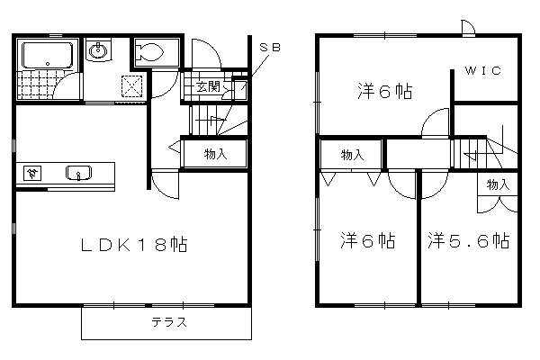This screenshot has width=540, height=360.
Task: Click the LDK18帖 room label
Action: click(x=134, y=245)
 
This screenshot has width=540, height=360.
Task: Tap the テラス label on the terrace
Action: click(x=169, y=322)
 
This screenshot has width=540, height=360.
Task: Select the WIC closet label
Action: click(x=482, y=70)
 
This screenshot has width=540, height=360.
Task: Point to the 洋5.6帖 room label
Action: click(x=469, y=240)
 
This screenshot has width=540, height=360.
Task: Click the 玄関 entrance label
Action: click(x=208, y=86)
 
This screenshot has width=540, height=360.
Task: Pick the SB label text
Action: click(x=270, y=47)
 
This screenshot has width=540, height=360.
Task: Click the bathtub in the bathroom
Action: click(x=48, y=55)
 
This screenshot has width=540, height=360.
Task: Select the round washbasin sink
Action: click(x=98, y=51)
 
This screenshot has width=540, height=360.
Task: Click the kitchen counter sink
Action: click(x=79, y=173)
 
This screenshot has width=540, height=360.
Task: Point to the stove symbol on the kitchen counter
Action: click(x=32, y=174)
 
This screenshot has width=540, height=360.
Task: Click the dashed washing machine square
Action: click(x=131, y=86)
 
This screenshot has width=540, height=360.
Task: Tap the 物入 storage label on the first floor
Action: click(x=216, y=154)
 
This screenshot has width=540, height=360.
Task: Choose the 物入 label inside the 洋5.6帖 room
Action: click(x=498, y=184)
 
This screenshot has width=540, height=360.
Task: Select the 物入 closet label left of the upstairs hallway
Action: click(x=352, y=155)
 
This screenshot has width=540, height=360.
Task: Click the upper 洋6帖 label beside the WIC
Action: click(x=384, y=91)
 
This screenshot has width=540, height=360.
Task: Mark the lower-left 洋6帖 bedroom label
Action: click(x=368, y=240)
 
